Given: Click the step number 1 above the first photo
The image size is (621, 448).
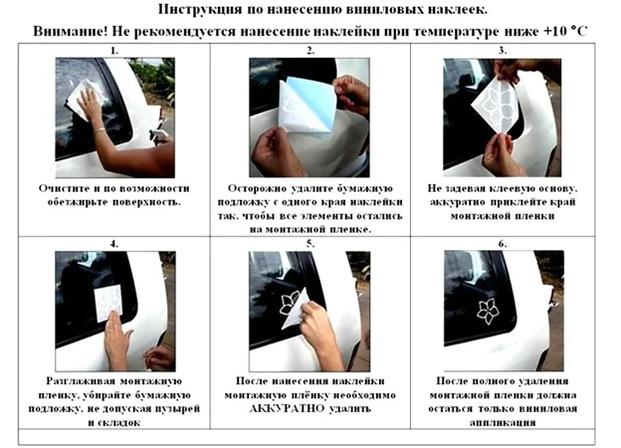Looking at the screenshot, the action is [x=114, y=51].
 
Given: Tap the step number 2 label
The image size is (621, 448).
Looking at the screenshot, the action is [x=310, y=51].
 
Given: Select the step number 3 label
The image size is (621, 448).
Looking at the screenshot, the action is [x=503, y=51].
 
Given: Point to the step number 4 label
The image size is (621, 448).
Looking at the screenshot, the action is [x=114, y=244].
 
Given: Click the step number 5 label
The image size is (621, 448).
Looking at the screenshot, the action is [x=310, y=244].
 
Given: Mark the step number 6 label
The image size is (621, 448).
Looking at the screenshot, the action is [x=503, y=244].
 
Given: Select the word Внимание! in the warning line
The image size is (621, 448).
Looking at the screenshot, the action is [x=71, y=31].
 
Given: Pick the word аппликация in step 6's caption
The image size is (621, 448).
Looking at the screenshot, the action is [x=503, y=422].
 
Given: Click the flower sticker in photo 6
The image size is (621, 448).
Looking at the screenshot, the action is [x=488, y=311].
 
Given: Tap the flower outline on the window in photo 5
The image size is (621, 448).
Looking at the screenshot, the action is [x=290, y=304].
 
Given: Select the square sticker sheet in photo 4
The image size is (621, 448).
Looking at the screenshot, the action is [x=108, y=304].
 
